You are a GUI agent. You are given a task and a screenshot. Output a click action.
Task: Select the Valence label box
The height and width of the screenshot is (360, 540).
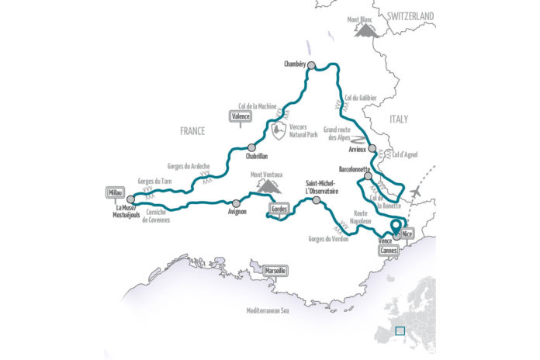click(x=243, y=116)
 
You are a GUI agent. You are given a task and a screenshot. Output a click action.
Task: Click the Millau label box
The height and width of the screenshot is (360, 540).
click(x=115, y=192)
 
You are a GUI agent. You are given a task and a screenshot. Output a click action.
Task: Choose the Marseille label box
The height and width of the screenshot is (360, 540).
click(x=275, y=270)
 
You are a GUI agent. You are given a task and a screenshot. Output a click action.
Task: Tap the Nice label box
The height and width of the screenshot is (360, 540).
click(x=409, y=231)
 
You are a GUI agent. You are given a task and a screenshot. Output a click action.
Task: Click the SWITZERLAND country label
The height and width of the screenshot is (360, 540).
click(x=411, y=16)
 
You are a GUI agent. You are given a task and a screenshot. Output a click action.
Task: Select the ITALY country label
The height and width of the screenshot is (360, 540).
click(x=399, y=119)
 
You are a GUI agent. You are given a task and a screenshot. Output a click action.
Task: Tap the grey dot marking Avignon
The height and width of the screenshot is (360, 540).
click(x=236, y=202)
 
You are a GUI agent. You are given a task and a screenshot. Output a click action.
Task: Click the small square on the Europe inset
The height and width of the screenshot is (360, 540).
click(x=400, y=331)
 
